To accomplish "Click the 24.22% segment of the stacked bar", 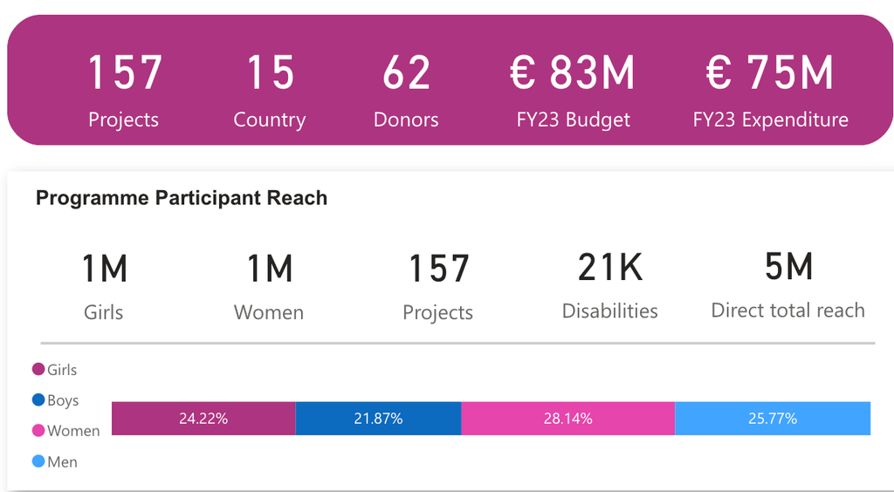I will click(x=203, y=419).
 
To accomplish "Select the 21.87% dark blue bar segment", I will click(x=378, y=419).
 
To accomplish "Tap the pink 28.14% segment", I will click(x=567, y=419).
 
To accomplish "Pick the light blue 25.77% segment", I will click(x=773, y=419).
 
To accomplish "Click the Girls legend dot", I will click(x=38, y=370).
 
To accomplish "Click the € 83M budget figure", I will click(x=573, y=73).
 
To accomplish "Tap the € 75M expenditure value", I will click(x=770, y=73).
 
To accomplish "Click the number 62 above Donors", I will click(x=406, y=73).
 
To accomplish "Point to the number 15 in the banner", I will click(x=270, y=73).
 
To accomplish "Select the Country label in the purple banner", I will click(x=270, y=120).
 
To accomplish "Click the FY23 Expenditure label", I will click(x=770, y=120).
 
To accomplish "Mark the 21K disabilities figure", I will click(x=610, y=268).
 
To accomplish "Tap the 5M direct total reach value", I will click(x=788, y=267).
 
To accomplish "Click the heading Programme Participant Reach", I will click(x=182, y=198).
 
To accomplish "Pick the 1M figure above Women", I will click(x=269, y=269).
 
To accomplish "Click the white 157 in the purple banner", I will click(x=124, y=73).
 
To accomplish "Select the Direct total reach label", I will click(x=787, y=311).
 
